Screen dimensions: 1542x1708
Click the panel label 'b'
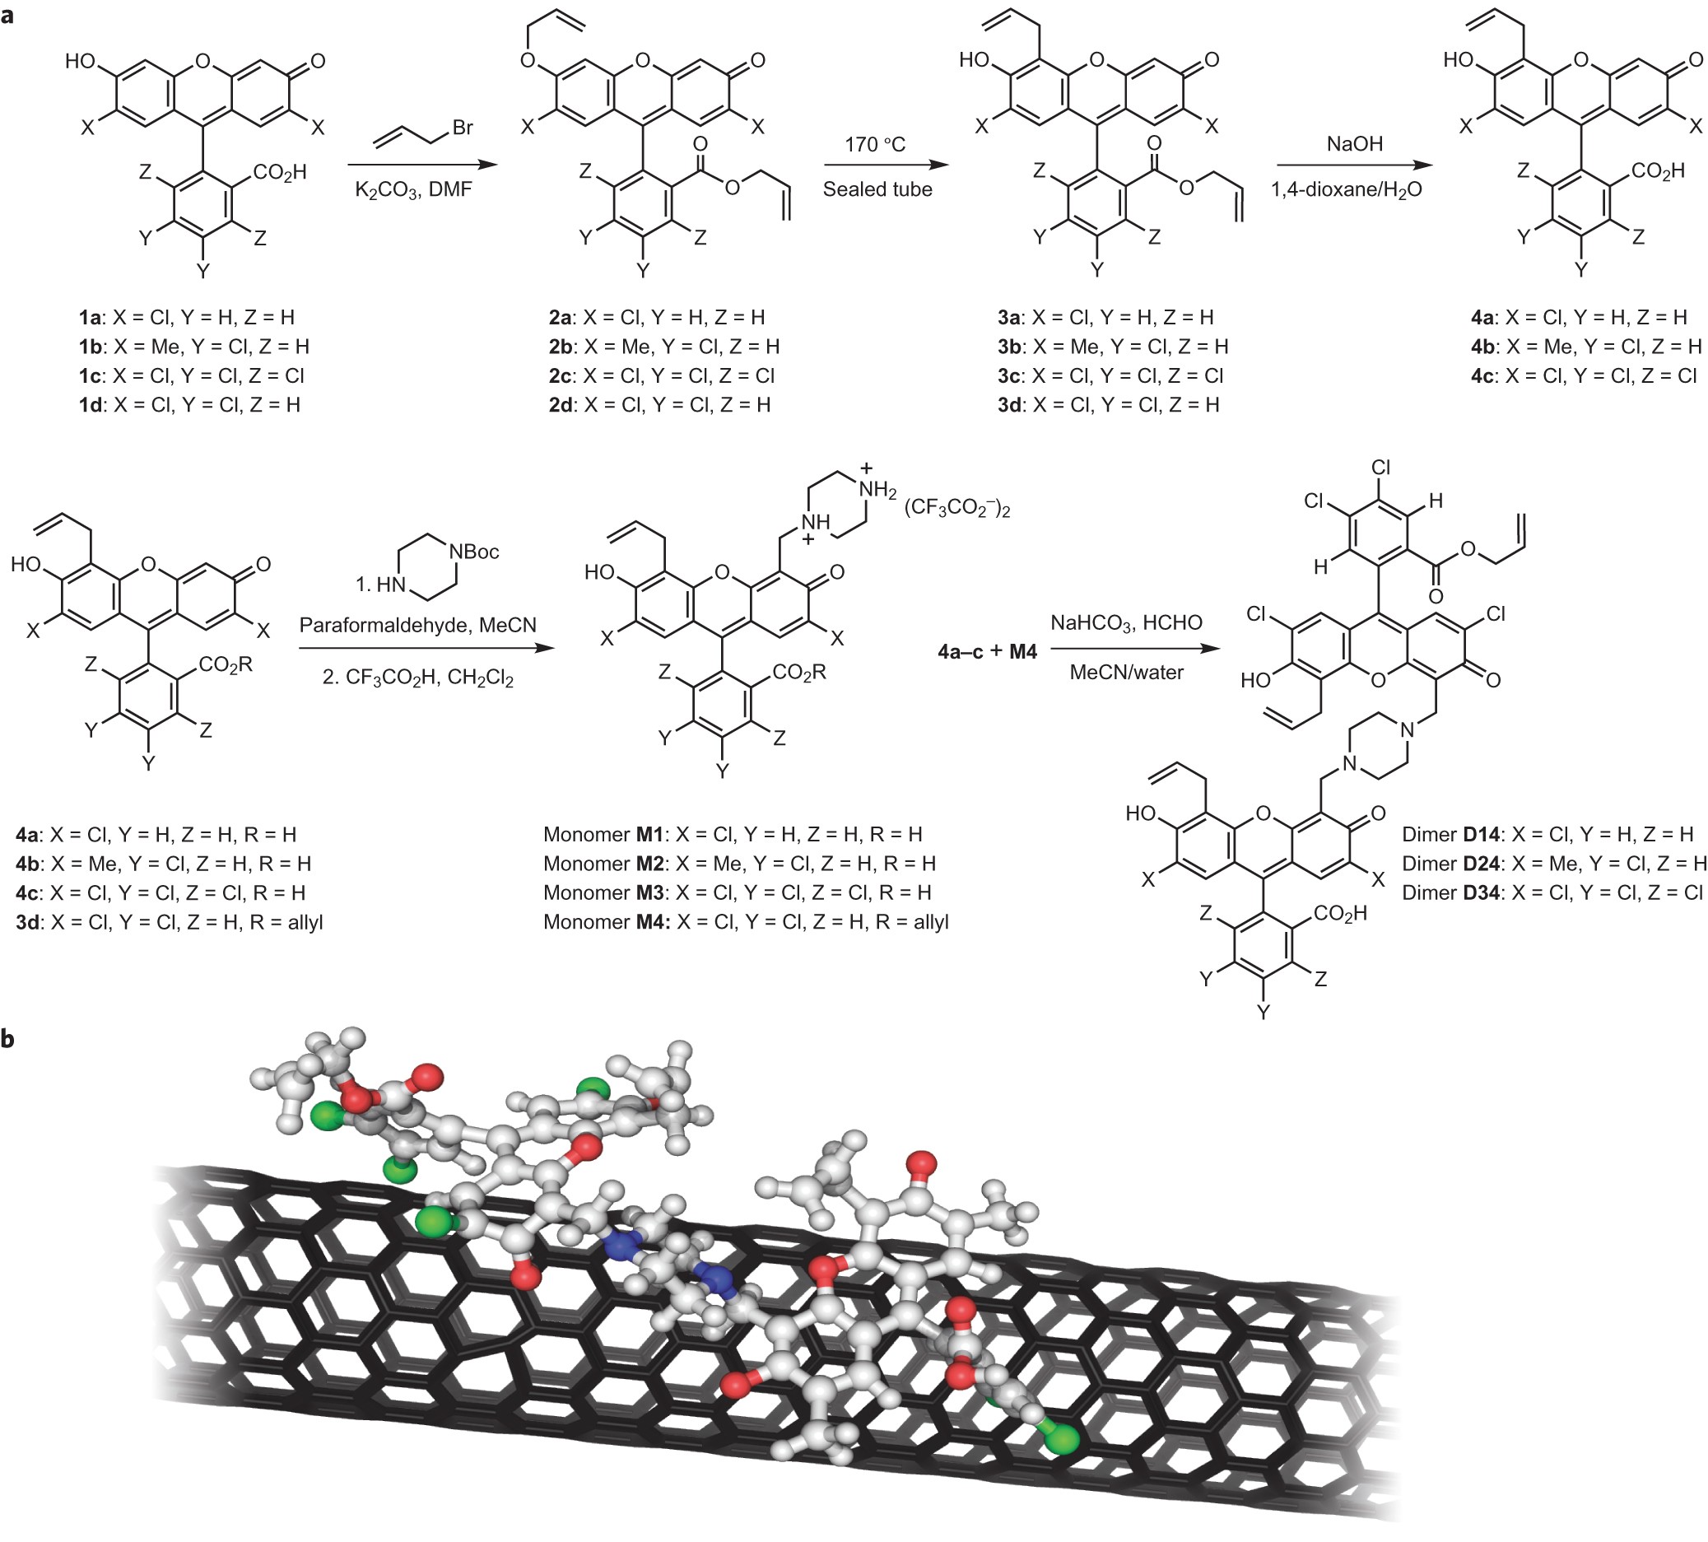pyautogui.click(x=8, y=1039)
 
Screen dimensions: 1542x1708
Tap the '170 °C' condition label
pyautogui.click(x=875, y=145)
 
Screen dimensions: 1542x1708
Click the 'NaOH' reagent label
pyautogui.click(x=1355, y=145)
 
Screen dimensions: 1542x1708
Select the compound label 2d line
pyautogui.click(x=659, y=405)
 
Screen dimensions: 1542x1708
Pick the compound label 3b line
pyautogui.click(x=1112, y=347)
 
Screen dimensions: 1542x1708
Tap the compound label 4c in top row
pyautogui.click(x=1584, y=376)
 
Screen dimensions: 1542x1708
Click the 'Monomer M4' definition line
pyautogui.click(x=746, y=922)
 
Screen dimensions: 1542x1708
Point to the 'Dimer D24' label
pyautogui.click(x=1554, y=864)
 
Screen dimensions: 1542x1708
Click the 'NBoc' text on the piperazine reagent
pyautogui.click(x=473, y=552)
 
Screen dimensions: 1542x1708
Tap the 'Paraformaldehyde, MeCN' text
pyautogui.click(x=417, y=625)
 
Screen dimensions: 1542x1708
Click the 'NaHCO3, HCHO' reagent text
pyautogui.click(x=1126, y=623)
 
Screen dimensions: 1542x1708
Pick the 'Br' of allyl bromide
pyautogui.click(x=463, y=128)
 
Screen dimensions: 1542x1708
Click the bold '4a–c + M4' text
pyautogui.click(x=987, y=651)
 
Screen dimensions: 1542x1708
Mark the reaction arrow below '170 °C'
pyautogui.click(x=886, y=166)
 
